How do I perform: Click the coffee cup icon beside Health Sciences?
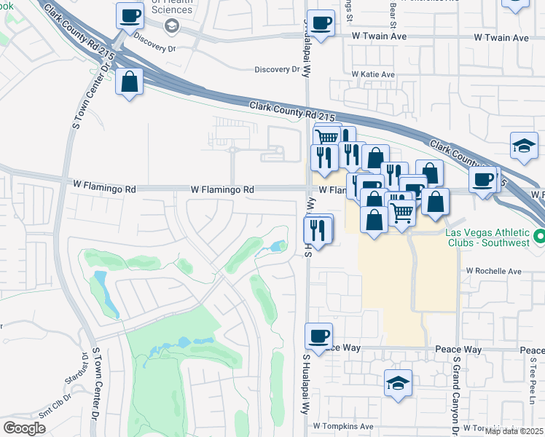[130, 15]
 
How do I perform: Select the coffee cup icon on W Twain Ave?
[320, 21]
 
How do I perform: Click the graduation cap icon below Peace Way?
[398, 382]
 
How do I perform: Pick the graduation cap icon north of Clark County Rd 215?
[524, 144]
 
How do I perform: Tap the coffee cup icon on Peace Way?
[318, 336]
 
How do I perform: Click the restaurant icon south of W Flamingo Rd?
[318, 229]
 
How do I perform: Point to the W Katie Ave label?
[372, 74]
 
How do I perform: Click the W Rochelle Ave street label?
[493, 271]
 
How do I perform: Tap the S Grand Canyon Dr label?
[455, 393]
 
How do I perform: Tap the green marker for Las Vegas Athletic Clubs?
[538, 237]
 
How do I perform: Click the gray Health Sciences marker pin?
[172, 27]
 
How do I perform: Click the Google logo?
[24, 428]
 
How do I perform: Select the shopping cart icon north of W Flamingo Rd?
[326, 137]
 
